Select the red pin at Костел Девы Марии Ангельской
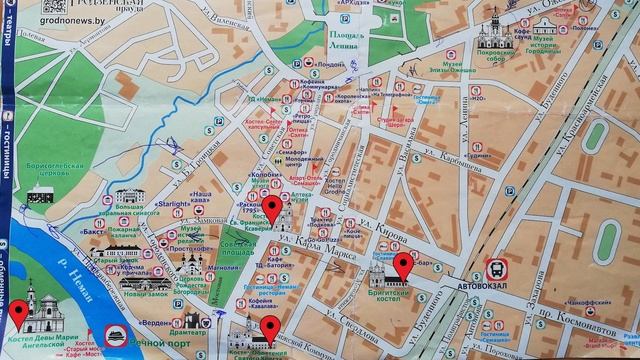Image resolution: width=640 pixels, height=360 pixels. coord(16,313)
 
